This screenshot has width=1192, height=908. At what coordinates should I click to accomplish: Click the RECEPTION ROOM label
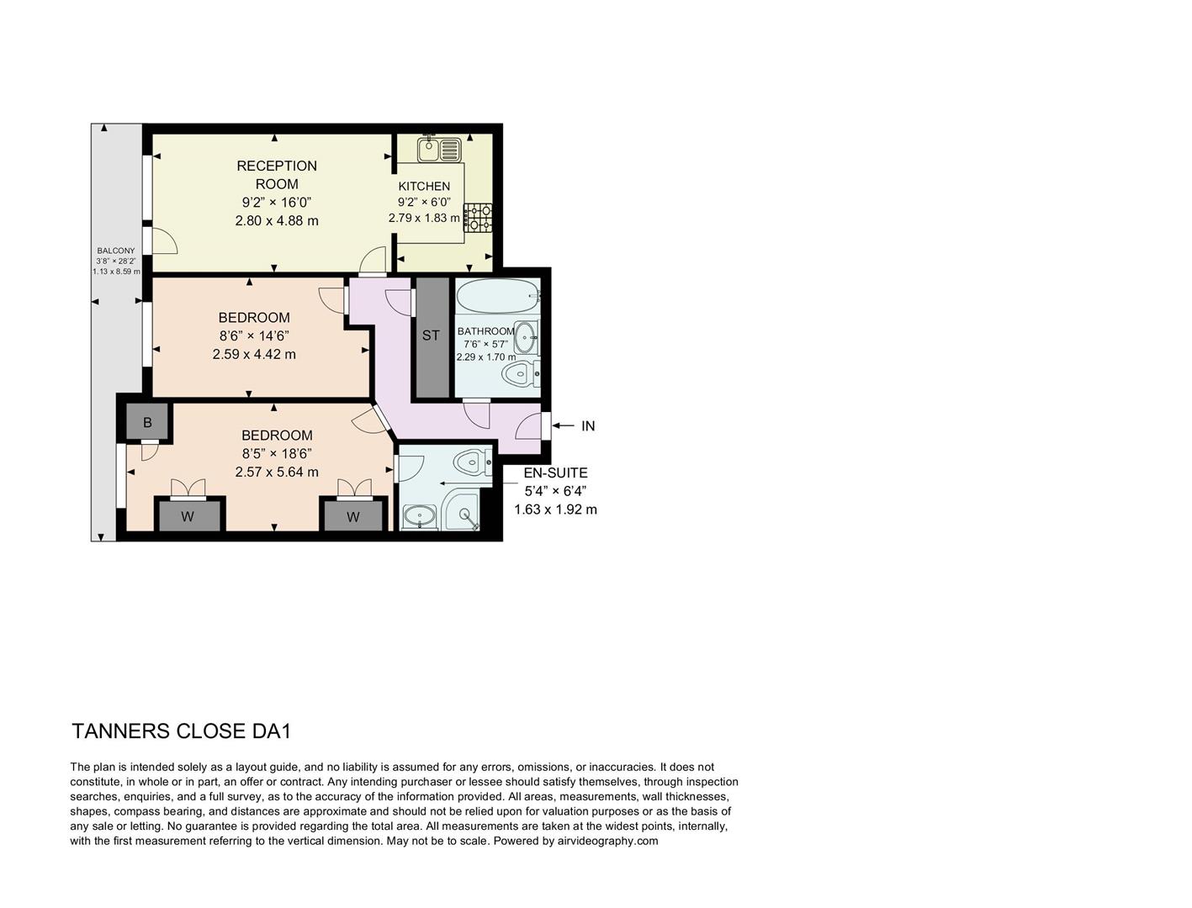coord(277,175)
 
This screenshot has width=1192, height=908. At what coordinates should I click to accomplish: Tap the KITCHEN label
coord(424,186)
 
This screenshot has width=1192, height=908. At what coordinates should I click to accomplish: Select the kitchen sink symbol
coord(439,150)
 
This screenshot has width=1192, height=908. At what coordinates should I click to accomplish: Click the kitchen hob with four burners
coord(479,217)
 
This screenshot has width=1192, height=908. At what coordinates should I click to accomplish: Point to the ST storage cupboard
coord(432,335)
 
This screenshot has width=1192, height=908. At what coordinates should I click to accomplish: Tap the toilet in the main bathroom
coord(520,373)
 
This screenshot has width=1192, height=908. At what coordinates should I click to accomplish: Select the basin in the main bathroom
coord(527,338)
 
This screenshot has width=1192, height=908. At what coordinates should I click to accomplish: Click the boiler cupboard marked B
coord(148,422)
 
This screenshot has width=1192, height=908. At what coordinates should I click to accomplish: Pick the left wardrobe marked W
coord(188,516)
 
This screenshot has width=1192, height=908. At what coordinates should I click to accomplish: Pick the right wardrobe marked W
coord(353,516)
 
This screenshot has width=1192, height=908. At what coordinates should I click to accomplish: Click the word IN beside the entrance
coord(588,426)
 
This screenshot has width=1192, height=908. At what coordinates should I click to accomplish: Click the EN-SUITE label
coord(555,472)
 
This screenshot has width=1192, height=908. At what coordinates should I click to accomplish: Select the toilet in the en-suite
coord(469,462)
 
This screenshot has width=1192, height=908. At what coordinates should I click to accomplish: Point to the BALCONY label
coord(116,251)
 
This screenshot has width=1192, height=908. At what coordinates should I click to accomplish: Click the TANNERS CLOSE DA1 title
coord(182,731)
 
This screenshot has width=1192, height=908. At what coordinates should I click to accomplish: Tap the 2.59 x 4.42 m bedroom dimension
coord(254,354)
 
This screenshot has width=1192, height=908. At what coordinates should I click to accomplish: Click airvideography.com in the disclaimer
coord(607,841)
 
